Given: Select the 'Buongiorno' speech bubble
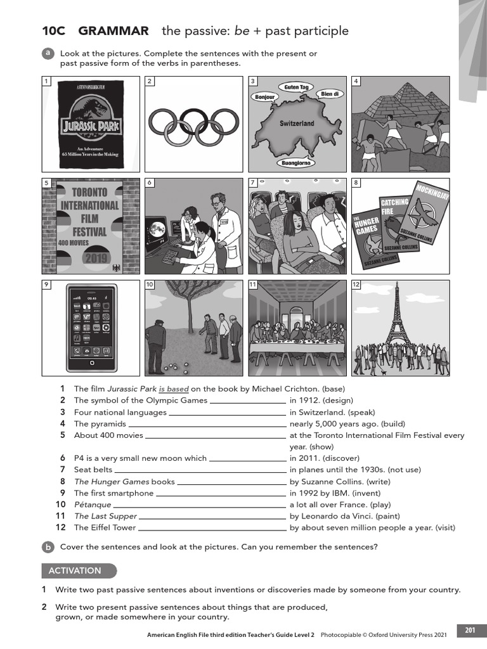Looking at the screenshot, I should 297,163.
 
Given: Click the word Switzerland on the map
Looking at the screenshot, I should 297,124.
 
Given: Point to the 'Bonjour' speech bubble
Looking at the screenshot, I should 264,97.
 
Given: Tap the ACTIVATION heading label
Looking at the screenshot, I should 75,570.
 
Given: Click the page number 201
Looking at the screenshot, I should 470,630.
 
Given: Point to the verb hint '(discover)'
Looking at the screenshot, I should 341,458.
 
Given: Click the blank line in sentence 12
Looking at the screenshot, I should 212,528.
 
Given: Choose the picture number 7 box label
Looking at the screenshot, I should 252,183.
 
